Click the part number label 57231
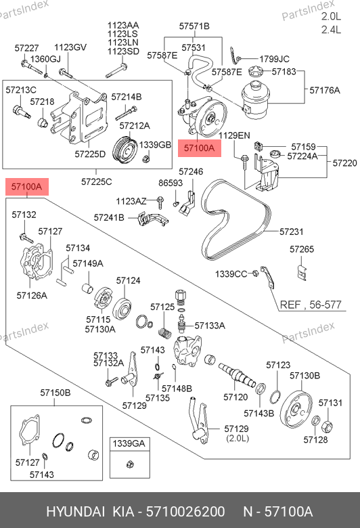pyautogui.click(x=291, y=232)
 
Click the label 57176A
pyautogui.click(x=325, y=90)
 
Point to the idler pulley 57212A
pyautogui.click(x=124, y=151)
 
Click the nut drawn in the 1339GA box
pyautogui.click(x=130, y=464)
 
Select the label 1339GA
pyautogui.click(x=129, y=443)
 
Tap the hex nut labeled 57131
pyautogui.click(x=328, y=426)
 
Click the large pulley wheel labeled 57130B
pyautogui.click(x=296, y=410)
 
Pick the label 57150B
pyautogui.click(x=55, y=393)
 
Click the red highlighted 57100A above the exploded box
pyautogui.click(x=27, y=187)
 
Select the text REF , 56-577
pyautogui.click(x=311, y=305)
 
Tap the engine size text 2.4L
pyautogui.click(x=331, y=30)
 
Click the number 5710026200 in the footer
pyautogui.click(x=185, y=512)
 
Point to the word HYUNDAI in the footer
pyautogui.click(x=75, y=512)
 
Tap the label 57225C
pyautogui.click(x=96, y=182)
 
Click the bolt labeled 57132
pyautogui.click(x=26, y=238)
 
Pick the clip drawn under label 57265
pyautogui.click(x=302, y=272)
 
